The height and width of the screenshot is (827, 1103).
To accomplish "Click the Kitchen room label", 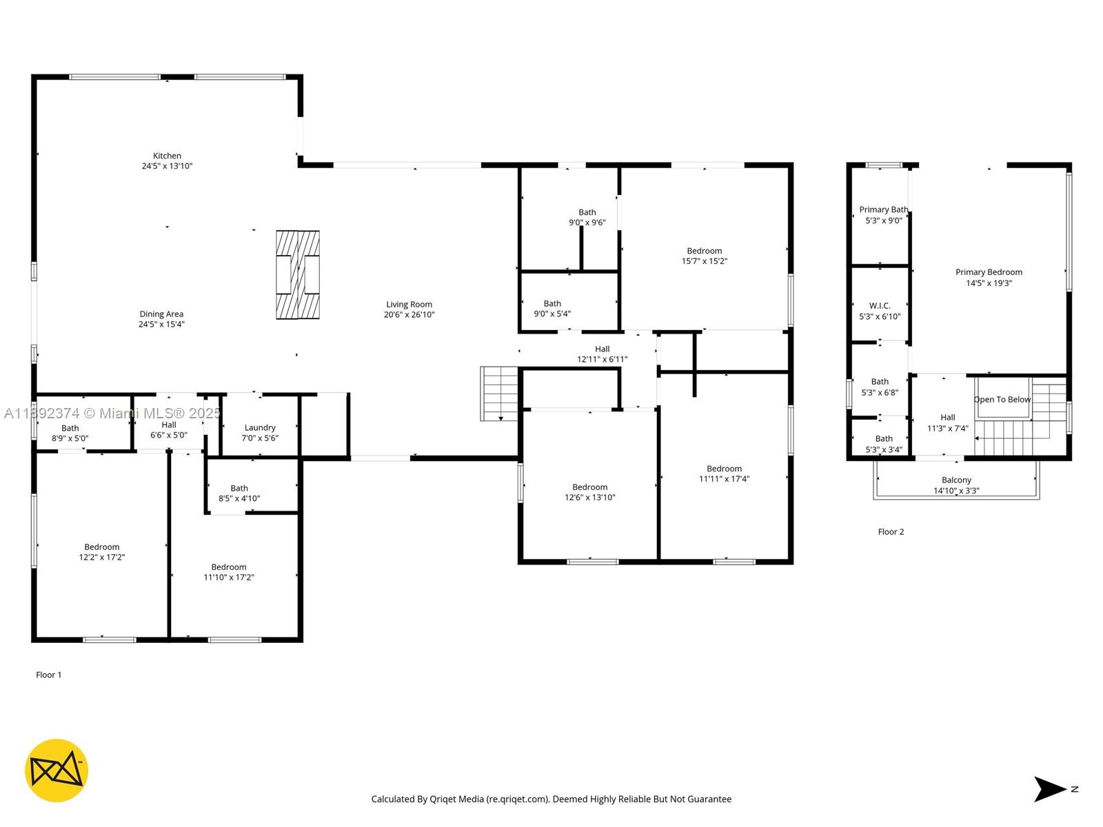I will [x=167, y=156].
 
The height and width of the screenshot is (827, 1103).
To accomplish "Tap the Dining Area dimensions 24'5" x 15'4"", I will [x=161, y=325].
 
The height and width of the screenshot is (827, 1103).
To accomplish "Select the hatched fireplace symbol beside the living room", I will [x=298, y=274].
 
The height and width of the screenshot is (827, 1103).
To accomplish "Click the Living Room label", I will [x=409, y=305].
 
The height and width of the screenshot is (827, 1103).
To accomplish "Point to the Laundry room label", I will [x=260, y=428].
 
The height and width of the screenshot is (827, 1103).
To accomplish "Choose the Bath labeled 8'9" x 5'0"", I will [x=70, y=433].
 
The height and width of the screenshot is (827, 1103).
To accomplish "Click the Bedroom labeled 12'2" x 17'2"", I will [x=102, y=552].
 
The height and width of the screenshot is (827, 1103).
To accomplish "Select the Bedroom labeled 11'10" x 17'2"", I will [x=229, y=572].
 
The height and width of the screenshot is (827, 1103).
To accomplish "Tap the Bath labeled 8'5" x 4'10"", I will [x=239, y=493].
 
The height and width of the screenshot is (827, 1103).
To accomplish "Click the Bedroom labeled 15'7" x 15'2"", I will [x=704, y=256].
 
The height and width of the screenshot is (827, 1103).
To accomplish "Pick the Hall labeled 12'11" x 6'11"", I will [x=602, y=354].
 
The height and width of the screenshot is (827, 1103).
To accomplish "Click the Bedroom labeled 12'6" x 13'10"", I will [x=589, y=492].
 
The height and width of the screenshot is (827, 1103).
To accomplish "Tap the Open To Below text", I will [x=1002, y=400].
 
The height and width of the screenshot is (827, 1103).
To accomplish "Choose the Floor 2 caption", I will [x=891, y=532].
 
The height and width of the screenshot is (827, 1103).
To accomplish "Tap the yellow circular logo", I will [x=57, y=770].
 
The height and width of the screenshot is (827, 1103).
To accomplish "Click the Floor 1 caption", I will [x=49, y=675].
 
